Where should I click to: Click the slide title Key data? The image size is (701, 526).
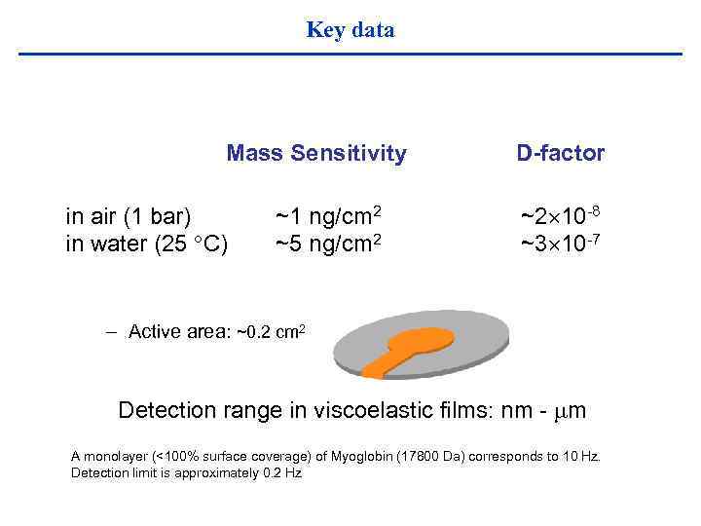350,30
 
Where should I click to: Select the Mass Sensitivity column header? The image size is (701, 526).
316,153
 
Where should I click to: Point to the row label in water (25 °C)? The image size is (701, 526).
147,244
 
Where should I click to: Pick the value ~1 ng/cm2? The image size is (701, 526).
327,215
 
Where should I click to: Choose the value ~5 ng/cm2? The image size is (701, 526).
327,244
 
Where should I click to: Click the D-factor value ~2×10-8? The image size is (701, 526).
560,214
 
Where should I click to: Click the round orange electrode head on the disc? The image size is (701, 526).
421,339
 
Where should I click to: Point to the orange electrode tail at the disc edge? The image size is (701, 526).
376,368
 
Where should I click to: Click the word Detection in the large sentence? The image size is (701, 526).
166,410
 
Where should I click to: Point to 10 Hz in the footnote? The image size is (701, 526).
583,456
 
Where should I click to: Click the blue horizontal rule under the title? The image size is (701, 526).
350,54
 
